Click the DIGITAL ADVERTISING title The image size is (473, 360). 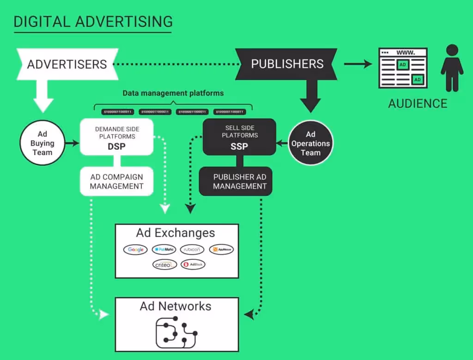point(93,21)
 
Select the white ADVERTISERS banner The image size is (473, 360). point(67,64)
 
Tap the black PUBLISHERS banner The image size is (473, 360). point(287,64)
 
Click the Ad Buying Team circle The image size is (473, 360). point(42,143)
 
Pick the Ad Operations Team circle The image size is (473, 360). point(310,143)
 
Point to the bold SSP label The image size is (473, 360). point(239,147)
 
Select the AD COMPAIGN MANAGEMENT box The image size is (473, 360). point(116,181)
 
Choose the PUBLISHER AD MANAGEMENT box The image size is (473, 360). point(239,181)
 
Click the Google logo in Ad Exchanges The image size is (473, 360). point(136,250)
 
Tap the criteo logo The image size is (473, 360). point(165,265)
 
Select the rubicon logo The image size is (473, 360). point(192,250)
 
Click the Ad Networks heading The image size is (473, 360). point(176,306)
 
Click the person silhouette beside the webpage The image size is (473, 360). point(452,68)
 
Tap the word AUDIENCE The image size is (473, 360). point(418,103)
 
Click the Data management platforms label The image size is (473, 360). point(173,93)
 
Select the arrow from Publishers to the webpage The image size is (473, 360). point(358,64)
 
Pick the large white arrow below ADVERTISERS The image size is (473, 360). point(43,95)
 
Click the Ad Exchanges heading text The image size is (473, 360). point(176,233)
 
